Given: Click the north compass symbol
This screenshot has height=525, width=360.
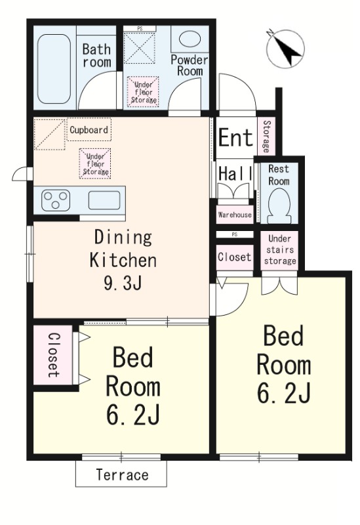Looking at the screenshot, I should pos(286,47).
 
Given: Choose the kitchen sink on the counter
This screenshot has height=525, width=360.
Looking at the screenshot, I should pos(104,200).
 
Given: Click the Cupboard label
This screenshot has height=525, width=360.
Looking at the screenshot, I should pos(89,130).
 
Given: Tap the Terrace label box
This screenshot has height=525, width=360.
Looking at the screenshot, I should pos(121,474).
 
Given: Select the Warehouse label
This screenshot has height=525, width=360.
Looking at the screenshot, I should pos(234,215).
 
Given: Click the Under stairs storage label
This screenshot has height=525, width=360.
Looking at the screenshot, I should pos(279,249).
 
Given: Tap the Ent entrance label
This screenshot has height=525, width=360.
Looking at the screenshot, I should pos(235,138).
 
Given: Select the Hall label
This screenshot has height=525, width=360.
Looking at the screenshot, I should pos(234,175).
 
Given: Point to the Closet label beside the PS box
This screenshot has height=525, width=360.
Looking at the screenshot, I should pos(234,257).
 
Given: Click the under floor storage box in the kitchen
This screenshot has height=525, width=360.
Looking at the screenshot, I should pos(95,163).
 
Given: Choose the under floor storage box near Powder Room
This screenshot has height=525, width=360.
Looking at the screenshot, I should pos(143,92).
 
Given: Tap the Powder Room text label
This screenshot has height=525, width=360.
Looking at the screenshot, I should pos(189,65).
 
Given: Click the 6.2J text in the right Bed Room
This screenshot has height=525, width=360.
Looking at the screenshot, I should pos(283,393).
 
